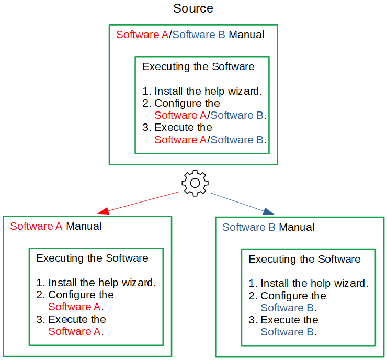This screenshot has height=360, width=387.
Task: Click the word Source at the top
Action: click(193, 9)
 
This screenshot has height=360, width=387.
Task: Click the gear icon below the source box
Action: click(195, 183)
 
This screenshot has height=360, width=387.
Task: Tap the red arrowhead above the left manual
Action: click(104, 211)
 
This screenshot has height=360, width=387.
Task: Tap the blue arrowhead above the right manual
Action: click(268, 211)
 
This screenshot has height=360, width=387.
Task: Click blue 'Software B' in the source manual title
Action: click(199, 35)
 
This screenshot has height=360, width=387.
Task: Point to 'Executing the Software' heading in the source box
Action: click(198, 66)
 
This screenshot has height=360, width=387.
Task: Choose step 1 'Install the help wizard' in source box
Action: click(208, 91)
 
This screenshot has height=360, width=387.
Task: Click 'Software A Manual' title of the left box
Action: click(56, 227)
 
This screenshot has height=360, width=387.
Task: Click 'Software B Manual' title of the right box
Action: click(268, 227)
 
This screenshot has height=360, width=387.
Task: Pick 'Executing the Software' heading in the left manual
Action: click(92, 258)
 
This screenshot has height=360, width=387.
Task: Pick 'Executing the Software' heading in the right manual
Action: click(304, 259)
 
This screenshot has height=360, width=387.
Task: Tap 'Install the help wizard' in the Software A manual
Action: click(101, 283)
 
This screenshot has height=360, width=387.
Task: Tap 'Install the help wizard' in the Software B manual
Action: click(314, 283)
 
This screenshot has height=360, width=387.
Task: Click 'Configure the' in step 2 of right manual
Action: click(293, 296)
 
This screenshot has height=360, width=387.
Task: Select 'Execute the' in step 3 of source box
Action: click(183, 127)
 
